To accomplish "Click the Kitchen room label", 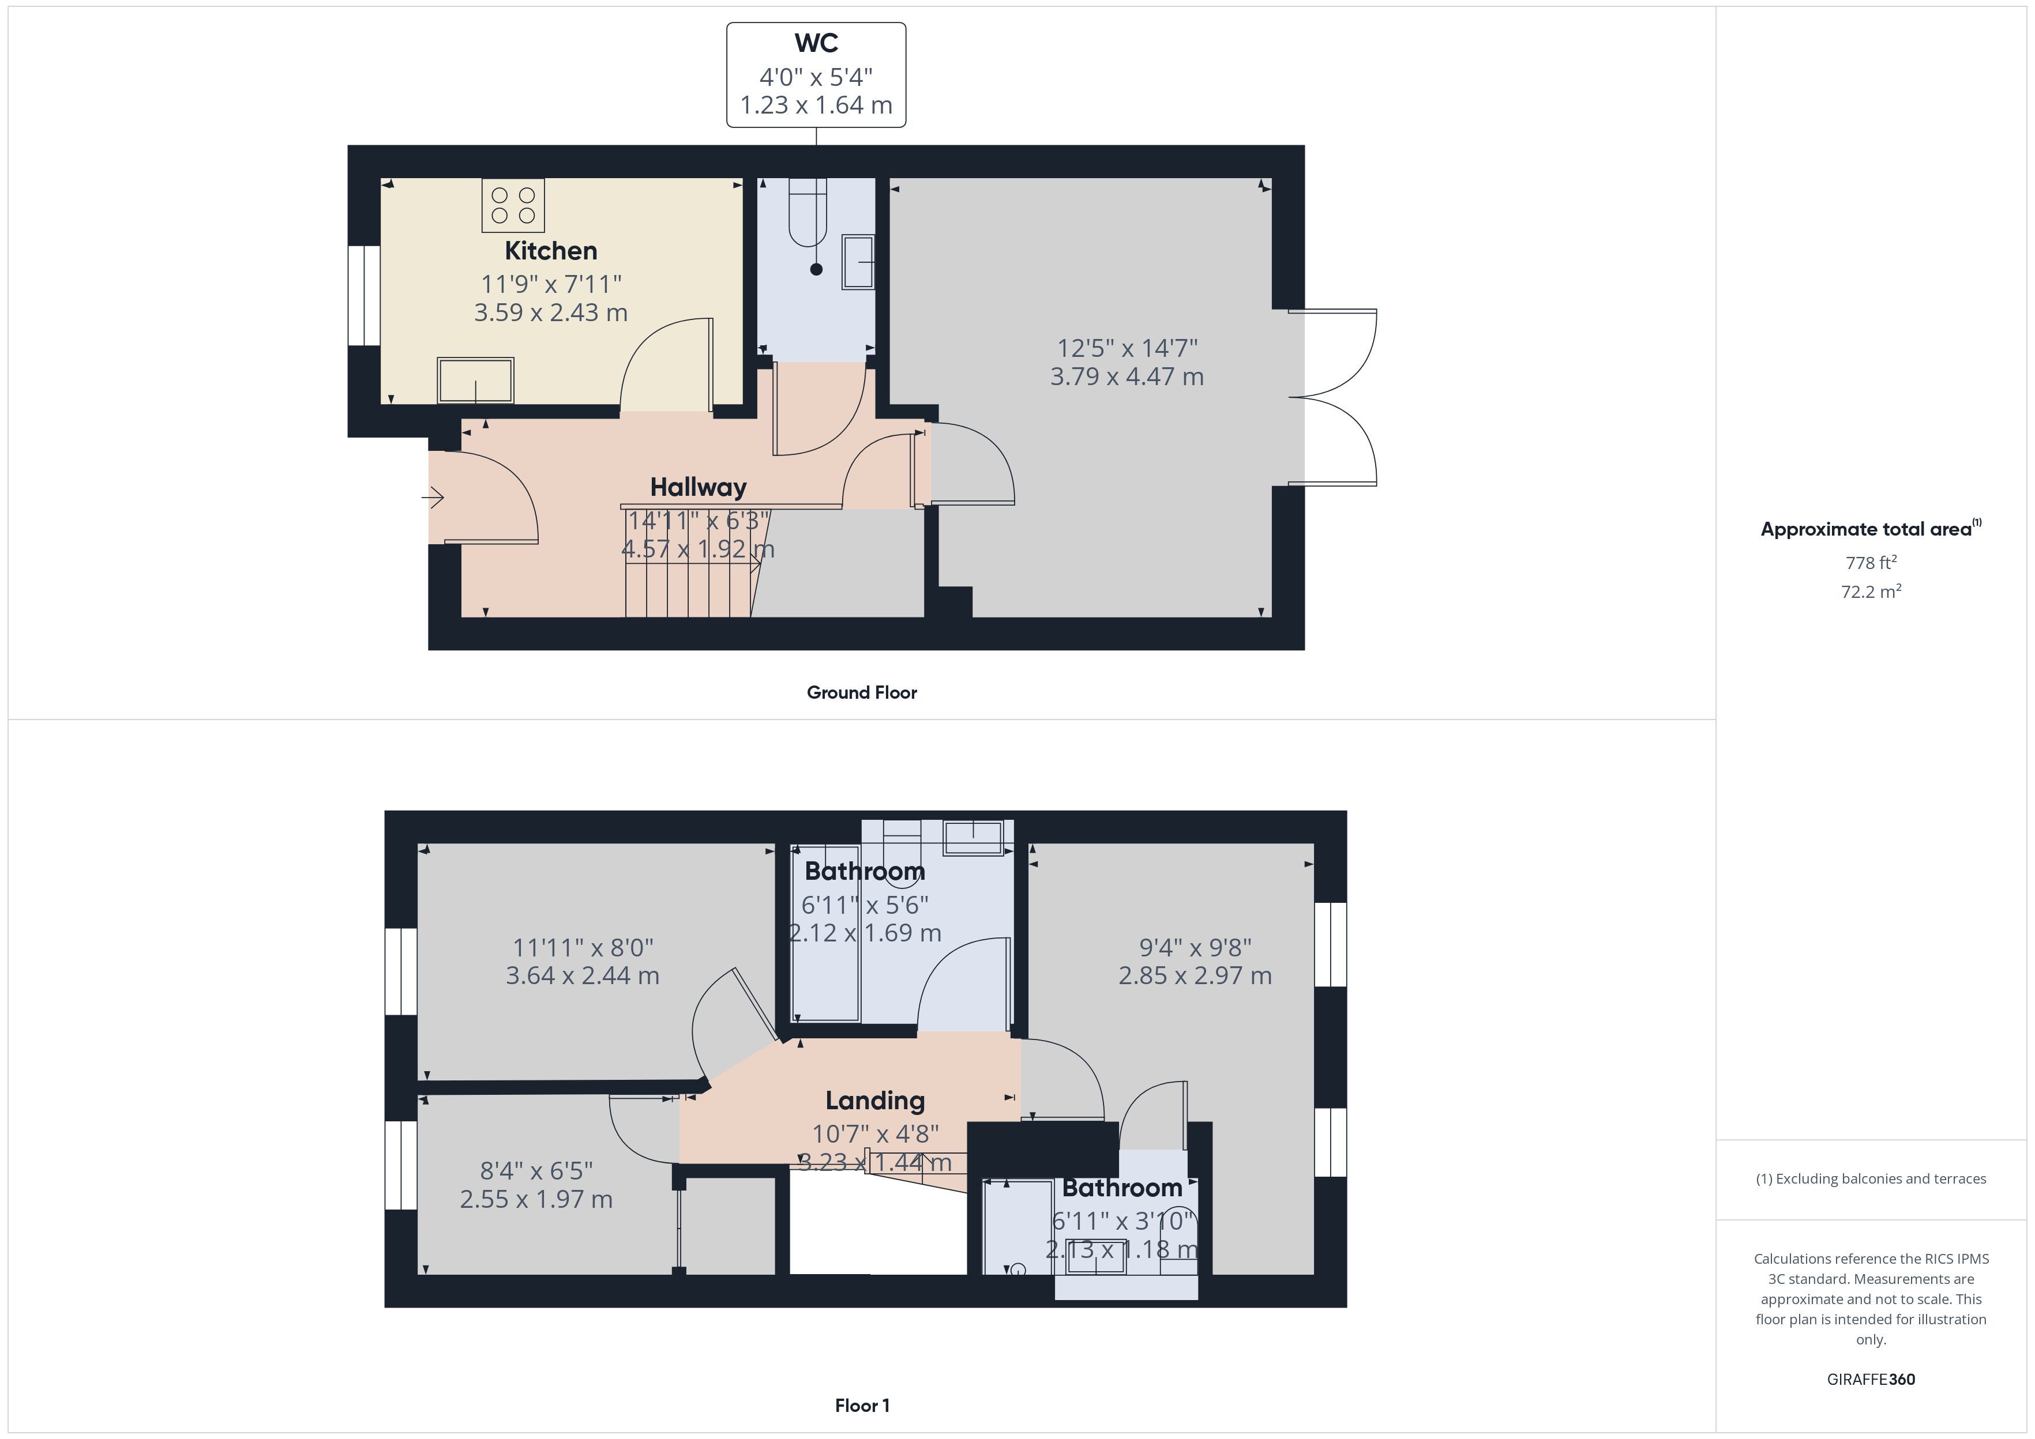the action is (x=550, y=251).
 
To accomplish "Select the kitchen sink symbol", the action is (x=476, y=380).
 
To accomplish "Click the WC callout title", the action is (x=816, y=43).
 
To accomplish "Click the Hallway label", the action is (x=699, y=487).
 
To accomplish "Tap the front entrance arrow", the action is (x=433, y=498).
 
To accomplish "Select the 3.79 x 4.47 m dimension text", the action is (x=1127, y=376).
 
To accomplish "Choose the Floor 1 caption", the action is (x=862, y=1406).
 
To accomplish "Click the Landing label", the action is (x=875, y=1101).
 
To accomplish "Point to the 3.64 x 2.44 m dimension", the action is (x=583, y=975).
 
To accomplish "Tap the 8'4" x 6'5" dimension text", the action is (x=537, y=1171).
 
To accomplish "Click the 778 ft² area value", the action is (x=1871, y=563).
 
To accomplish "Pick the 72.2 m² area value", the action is (x=1871, y=591).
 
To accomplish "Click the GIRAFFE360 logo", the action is (x=1871, y=1380).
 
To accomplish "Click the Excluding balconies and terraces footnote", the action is (x=1871, y=1178).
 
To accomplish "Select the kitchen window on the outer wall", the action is (x=363, y=295).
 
